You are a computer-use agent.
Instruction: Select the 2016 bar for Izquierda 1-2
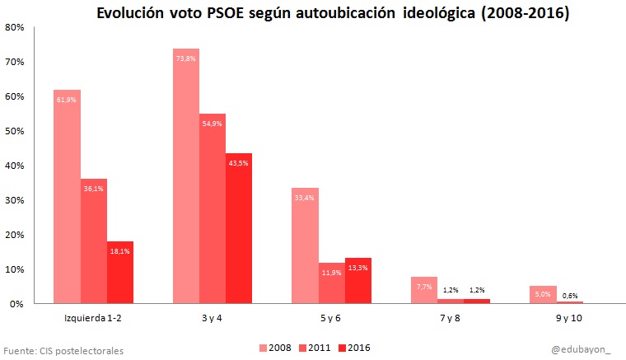tap(119, 272)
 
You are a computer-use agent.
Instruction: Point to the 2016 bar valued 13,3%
tap(358, 281)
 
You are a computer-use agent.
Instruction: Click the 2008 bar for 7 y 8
tap(424, 290)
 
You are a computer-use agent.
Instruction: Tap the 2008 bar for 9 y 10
tap(543, 295)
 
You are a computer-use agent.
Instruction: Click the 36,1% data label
tap(93, 188)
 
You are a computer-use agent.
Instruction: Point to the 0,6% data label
tap(570, 295)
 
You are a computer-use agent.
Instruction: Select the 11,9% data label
tap(331, 273)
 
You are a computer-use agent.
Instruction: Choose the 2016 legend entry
tap(353, 348)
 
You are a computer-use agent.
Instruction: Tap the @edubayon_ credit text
tap(582, 350)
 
